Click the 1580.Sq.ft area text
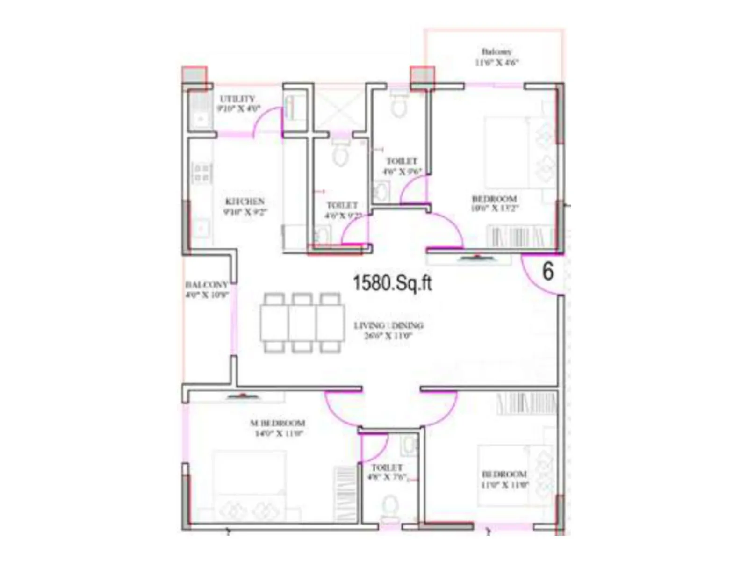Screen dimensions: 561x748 click(392, 283)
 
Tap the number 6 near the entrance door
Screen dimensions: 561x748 click(548, 271)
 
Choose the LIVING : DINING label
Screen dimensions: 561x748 click(388, 330)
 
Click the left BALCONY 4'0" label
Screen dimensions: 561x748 click(207, 289)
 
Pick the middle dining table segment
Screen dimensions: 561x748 click(302, 323)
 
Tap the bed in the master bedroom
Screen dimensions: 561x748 click(250, 486)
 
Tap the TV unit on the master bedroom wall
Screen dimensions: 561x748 click(243, 397)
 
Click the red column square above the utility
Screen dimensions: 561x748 click(194, 76)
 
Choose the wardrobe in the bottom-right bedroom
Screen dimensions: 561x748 click(526, 403)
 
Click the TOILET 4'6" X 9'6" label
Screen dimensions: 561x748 click(402, 166)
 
